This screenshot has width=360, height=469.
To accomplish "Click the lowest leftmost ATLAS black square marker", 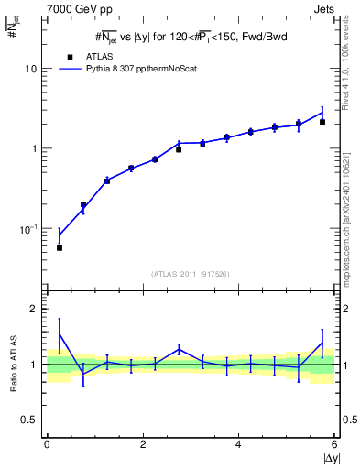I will pyautogui.click(x=60, y=248).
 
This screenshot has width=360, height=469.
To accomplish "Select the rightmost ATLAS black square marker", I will pyautogui.click(x=322, y=122).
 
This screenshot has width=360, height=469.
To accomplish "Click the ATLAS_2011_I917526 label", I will pyautogui.click(x=190, y=274).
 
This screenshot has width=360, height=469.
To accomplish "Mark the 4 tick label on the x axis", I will pyautogui.click(x=238, y=444).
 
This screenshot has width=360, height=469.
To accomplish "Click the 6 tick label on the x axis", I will pyautogui.click(x=334, y=444).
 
